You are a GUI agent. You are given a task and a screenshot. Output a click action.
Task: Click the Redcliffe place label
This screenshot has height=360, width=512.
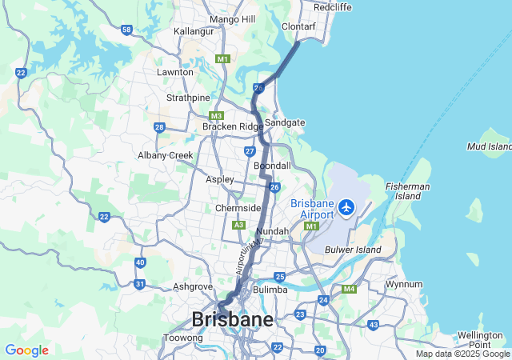coord(333,7)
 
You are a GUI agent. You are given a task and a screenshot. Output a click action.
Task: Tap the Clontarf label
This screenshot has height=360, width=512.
coord(299,26)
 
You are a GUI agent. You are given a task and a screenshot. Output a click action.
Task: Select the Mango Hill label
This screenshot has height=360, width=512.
coord(231,19)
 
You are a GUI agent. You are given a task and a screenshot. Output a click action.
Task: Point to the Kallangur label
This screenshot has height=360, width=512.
coord(194,31)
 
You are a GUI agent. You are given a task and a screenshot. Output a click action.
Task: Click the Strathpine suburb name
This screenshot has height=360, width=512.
coord(186,98)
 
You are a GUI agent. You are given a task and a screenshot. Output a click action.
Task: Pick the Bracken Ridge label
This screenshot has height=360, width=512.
coord(232,126)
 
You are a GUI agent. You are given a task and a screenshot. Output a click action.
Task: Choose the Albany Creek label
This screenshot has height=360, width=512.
coord(166,155)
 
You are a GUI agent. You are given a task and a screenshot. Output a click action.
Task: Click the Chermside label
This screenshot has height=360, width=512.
coord(238,208)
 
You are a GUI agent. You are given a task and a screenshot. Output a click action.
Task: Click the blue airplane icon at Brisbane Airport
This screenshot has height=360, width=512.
coord(346,208)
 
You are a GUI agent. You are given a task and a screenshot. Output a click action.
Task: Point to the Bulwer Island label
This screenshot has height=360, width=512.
coord(354,250)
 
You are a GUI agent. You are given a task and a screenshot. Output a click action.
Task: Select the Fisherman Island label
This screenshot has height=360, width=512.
coord(409,191)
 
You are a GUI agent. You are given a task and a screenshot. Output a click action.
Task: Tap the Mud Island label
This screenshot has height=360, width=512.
coord(490,146)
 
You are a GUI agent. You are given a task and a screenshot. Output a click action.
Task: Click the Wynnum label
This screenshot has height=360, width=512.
coord(403,284)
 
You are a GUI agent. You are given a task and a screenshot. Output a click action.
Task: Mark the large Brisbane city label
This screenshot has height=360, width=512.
coord(232,319)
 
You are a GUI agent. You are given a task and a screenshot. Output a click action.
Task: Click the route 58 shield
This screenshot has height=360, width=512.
coord(126,30)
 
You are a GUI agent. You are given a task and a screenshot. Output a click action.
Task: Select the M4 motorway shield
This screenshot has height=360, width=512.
coord(349,289)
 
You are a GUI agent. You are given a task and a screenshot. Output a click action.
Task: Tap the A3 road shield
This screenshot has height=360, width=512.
coord(238,226)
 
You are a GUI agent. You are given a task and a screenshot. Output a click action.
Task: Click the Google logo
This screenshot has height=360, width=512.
coord(26,350)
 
